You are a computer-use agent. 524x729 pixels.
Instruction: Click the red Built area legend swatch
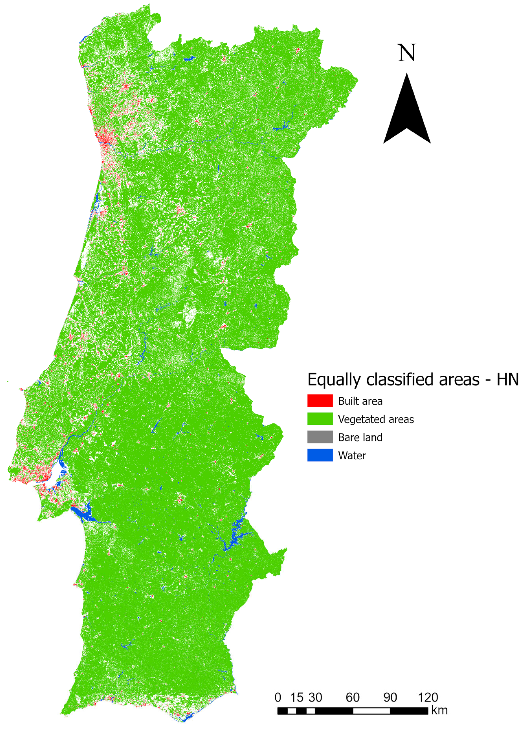pyautogui.click(x=320, y=401)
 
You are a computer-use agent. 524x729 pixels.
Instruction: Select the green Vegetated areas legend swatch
pyautogui.click(x=320, y=419)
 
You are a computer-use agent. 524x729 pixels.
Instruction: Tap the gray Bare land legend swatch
pyautogui.click(x=320, y=437)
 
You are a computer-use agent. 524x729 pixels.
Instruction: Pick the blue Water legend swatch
pyautogui.click(x=320, y=455)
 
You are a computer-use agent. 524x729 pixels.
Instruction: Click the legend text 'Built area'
pyautogui.click(x=360, y=401)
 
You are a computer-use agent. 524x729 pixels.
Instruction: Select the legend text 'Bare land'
pyautogui.click(x=360, y=437)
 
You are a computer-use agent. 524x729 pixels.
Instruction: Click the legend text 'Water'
pyautogui.click(x=352, y=455)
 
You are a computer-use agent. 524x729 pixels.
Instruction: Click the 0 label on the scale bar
pyautogui.click(x=278, y=697)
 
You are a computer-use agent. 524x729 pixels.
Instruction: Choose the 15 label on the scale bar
pyautogui.click(x=296, y=697)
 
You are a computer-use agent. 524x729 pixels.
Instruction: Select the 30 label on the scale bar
pyautogui.click(x=315, y=697)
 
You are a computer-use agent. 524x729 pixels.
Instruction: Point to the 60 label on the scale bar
pyautogui.click(x=352, y=697)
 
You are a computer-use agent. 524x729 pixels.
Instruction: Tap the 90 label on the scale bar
pyautogui.click(x=390, y=697)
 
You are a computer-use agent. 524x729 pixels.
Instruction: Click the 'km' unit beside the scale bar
pyautogui.click(x=439, y=710)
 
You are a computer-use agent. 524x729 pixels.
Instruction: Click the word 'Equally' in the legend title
pyautogui.click(x=334, y=380)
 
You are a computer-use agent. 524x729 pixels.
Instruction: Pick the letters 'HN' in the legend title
pyautogui.click(x=508, y=380)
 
